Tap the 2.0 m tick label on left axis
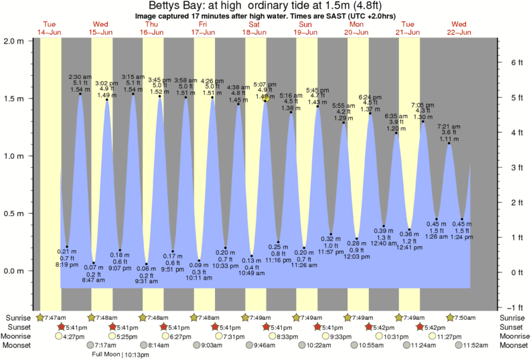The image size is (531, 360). [14, 41]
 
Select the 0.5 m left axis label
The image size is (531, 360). [14, 213]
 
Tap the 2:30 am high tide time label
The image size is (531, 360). [80, 77]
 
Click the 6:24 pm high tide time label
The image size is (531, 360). [370, 97]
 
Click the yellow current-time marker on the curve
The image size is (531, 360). [266, 98]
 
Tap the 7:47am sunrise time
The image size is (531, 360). [56, 317]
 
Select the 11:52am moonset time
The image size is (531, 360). [473, 346]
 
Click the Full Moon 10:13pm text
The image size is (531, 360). [121, 354]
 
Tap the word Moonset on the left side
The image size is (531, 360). [17, 346]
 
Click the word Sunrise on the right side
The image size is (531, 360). [512, 317]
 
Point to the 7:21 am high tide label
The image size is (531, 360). [449, 126]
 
